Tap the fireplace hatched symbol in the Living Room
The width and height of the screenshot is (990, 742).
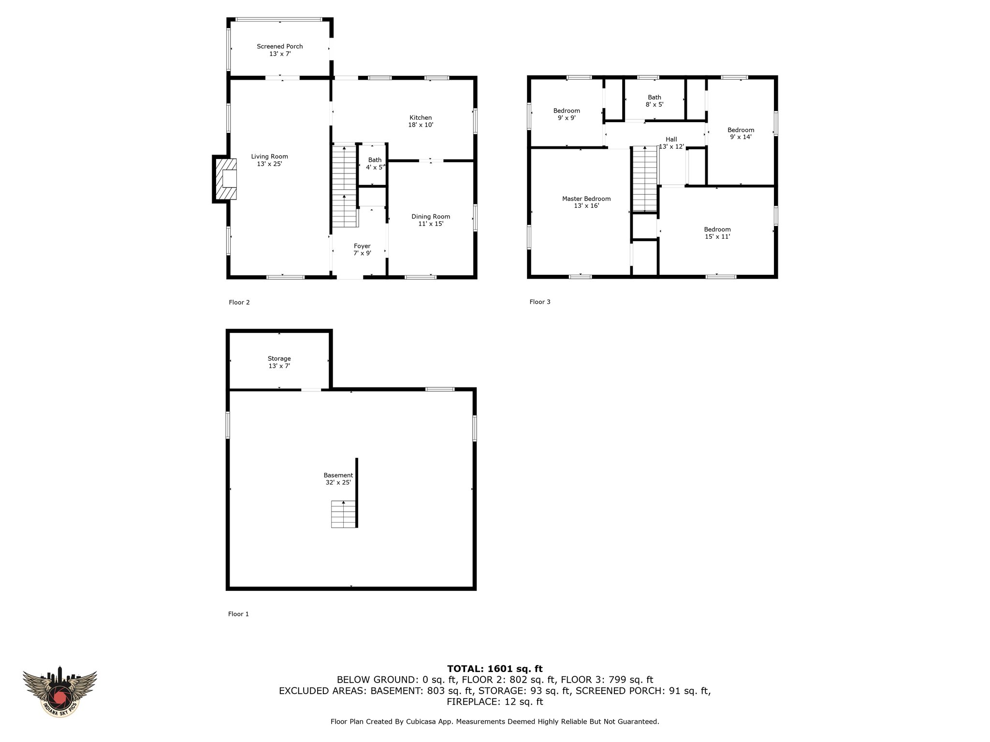226,179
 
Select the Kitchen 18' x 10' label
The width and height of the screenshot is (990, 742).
421,121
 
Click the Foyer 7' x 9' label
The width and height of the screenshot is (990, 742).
362,250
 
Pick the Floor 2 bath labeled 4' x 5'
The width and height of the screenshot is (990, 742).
375,164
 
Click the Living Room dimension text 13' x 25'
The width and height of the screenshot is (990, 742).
269,164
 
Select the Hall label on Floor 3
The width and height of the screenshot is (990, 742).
671,140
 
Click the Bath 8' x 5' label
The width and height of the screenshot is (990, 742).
655,101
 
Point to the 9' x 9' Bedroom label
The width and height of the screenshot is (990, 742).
567,114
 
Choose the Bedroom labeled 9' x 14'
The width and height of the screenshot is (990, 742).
741,133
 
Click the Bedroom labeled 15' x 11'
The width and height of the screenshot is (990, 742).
717,233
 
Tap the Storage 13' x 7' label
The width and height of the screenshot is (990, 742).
279,362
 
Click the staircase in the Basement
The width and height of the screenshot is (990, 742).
344,514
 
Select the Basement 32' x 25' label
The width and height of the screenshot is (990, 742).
338,479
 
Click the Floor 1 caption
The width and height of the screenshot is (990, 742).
238,614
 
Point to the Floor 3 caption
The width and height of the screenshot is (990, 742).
540,302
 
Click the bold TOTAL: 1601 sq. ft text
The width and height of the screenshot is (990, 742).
495,669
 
